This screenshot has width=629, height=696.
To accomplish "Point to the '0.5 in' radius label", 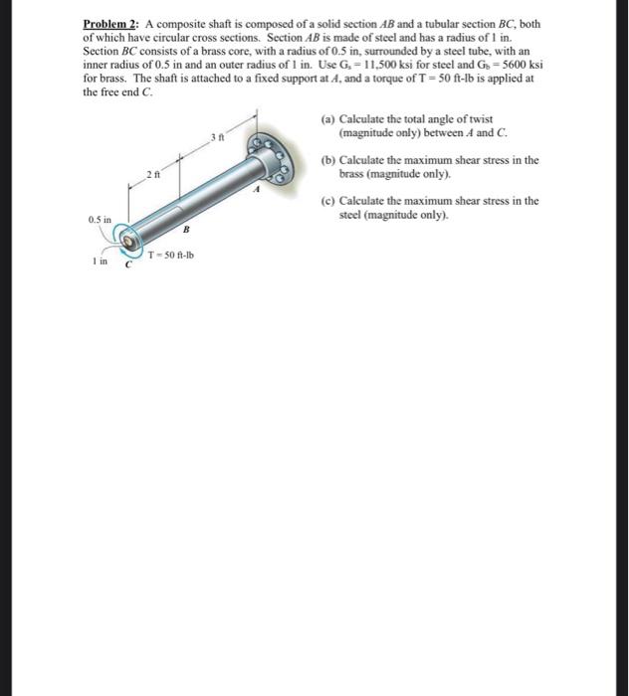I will [100, 218].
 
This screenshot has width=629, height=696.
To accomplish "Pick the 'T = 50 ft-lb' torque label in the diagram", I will [170, 255].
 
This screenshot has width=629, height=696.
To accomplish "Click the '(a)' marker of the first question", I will [328, 119].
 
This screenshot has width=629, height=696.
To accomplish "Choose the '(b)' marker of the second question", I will [328, 160].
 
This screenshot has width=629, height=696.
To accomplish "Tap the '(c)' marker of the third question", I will [328, 201].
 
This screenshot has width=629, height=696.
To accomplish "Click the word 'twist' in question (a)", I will [480, 119].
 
